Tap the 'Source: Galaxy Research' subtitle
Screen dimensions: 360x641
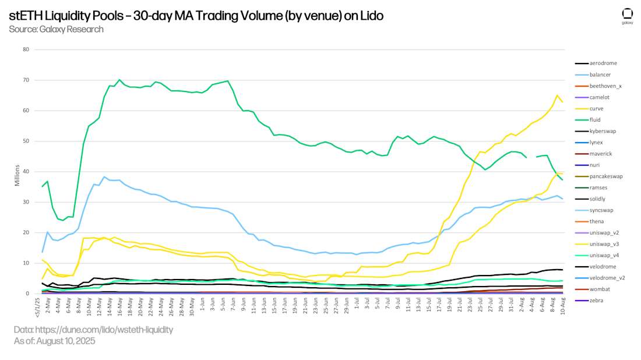tap(56, 29)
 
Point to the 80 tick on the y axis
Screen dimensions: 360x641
tap(26, 50)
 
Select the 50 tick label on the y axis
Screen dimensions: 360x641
tap(26, 141)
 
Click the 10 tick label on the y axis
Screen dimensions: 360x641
tap(26, 263)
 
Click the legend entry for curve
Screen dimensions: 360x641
tap(597, 108)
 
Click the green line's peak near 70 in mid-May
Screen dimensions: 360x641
tap(119, 80)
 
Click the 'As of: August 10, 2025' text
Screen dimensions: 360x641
tap(54, 341)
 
